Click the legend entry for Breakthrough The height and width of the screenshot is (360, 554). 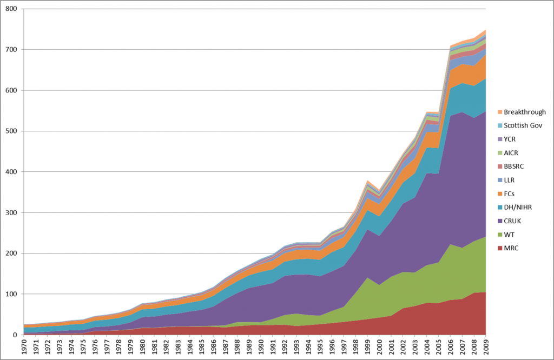coord(524,112)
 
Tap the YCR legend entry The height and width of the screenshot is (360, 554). coord(510,138)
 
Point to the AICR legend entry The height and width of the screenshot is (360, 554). coord(511,152)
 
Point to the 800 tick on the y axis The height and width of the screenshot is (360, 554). coord(11,9)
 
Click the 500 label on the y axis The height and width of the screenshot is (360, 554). coord(11,131)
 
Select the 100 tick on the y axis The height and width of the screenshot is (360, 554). coord(11,294)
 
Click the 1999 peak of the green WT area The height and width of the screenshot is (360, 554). coord(367,278)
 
